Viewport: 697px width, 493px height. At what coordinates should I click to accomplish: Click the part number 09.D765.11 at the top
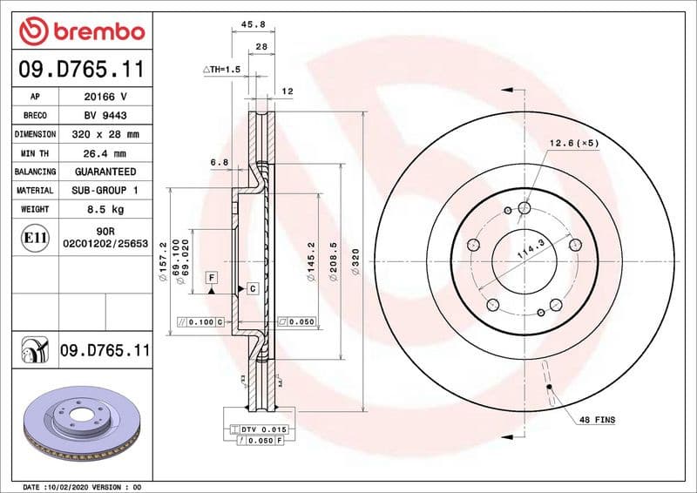81,70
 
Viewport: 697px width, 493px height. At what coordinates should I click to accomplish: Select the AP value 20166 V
105,97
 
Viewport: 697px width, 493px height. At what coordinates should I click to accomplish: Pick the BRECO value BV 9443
105,115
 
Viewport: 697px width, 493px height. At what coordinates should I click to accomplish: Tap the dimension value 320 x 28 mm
105,134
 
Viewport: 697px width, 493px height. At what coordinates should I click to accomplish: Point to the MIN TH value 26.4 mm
105,153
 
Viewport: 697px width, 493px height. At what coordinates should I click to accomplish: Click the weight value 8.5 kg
105,209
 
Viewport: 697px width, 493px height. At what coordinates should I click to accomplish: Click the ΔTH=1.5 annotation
221,69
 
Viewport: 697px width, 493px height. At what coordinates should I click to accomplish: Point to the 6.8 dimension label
219,162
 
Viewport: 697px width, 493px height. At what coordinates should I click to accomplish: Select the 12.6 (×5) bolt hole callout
573,143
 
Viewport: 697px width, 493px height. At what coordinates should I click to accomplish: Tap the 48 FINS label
597,420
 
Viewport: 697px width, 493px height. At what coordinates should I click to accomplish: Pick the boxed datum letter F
211,277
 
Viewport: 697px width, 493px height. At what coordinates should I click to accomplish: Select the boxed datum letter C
252,287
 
